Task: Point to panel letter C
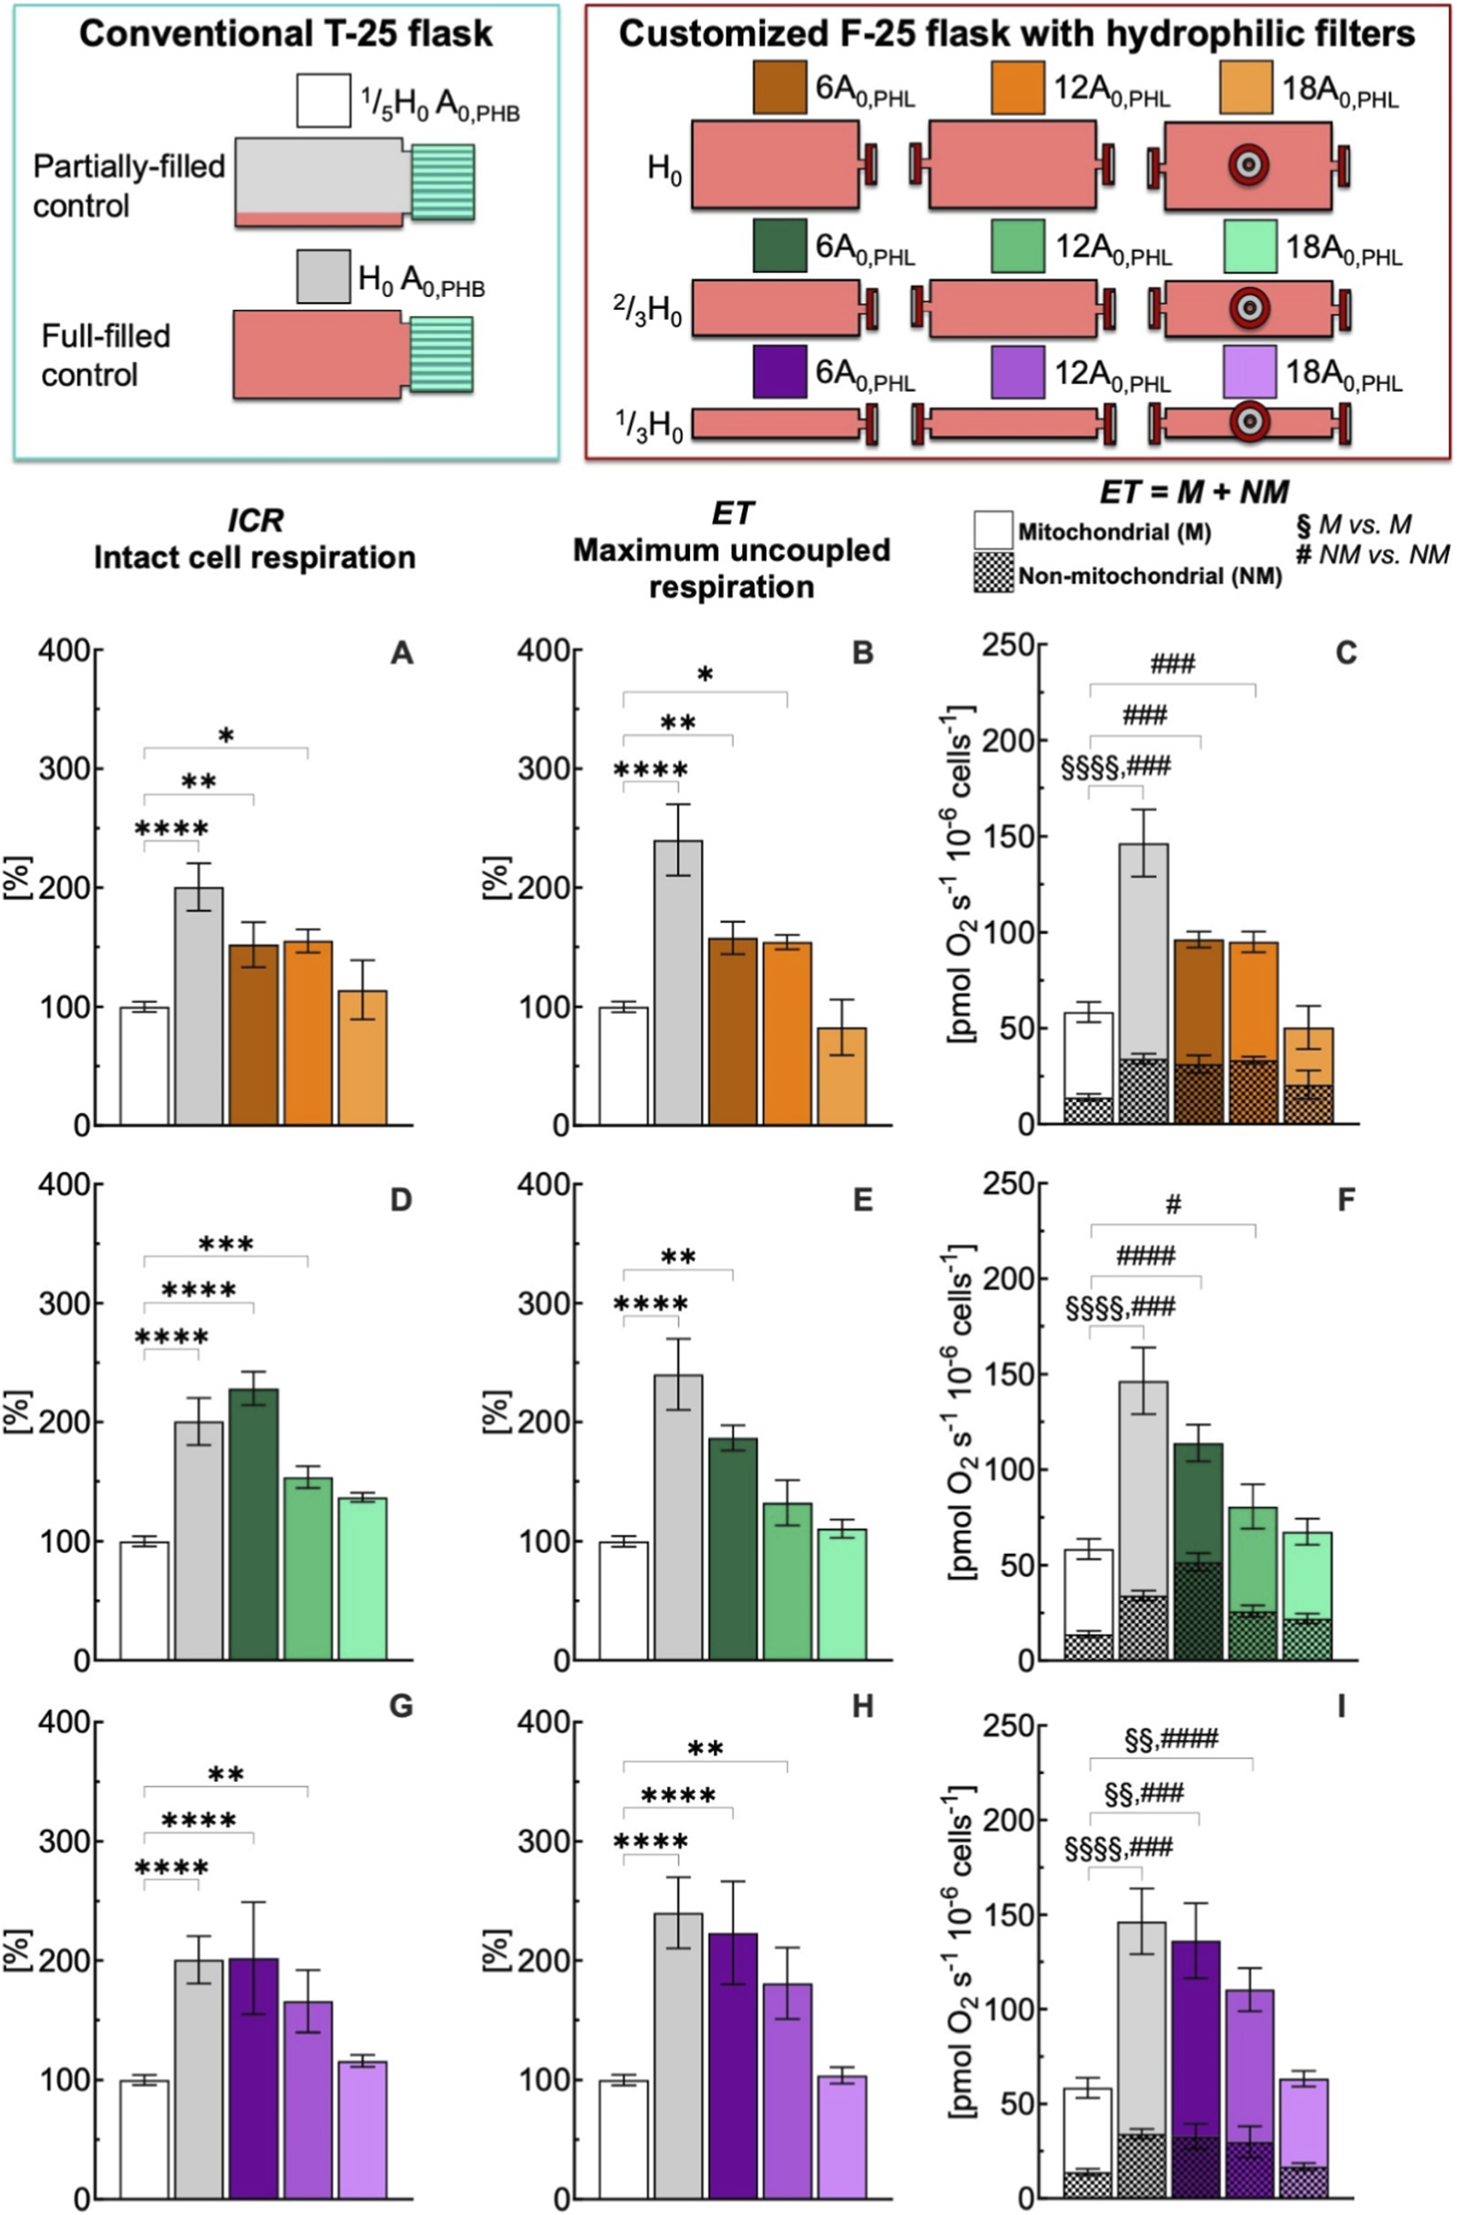(x=1346, y=653)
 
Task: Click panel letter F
(x=1346, y=1199)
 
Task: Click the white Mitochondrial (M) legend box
(x=992, y=528)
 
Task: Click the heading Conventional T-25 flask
(x=286, y=34)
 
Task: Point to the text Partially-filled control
(x=128, y=185)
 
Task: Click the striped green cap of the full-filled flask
(x=442, y=355)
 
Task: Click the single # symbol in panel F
(x=1173, y=1206)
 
